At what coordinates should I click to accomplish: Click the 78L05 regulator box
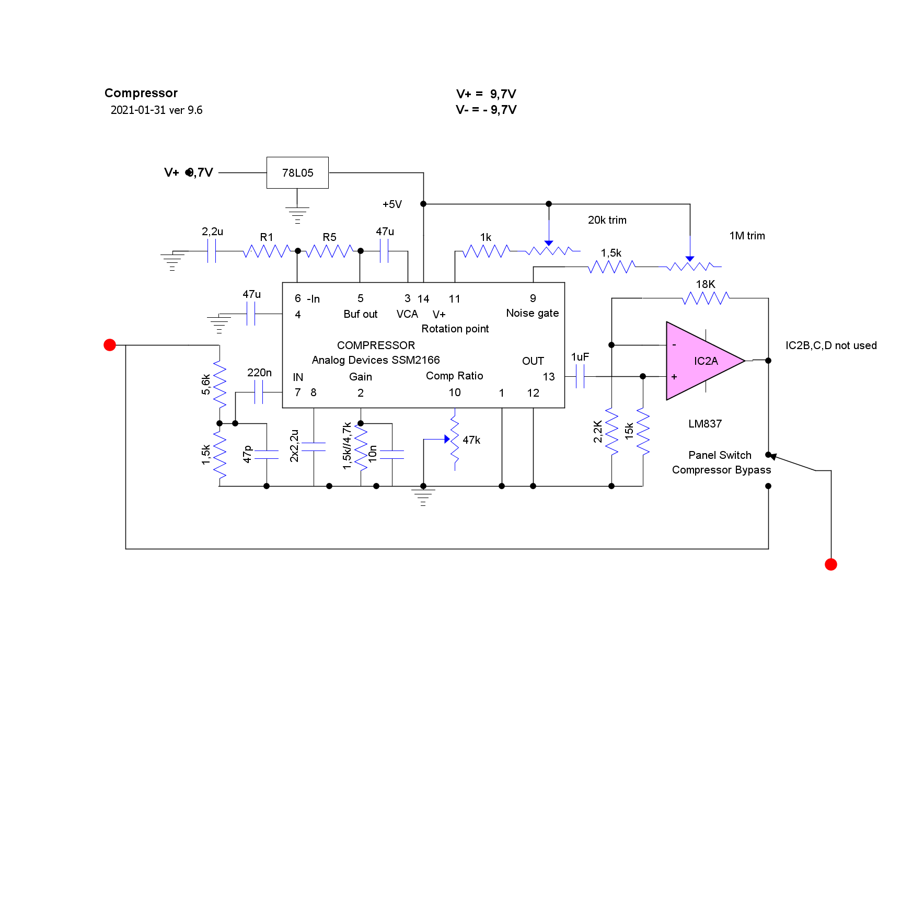(x=297, y=172)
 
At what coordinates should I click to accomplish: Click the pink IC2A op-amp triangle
(x=700, y=361)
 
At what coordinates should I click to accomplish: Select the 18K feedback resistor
(x=706, y=298)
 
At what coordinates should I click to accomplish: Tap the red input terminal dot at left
(x=110, y=345)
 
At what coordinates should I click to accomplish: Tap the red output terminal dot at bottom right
(x=831, y=564)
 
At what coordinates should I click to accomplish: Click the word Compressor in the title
(x=141, y=93)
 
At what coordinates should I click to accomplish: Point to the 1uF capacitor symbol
(x=580, y=376)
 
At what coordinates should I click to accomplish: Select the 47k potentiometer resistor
(x=455, y=439)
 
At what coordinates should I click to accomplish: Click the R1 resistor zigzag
(x=267, y=251)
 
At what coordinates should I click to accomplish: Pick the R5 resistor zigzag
(x=329, y=251)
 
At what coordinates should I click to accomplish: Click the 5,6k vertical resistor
(x=220, y=384)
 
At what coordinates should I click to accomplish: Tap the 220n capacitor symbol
(x=259, y=392)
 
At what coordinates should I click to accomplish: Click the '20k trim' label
(x=607, y=220)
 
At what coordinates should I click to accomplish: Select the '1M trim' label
(x=747, y=236)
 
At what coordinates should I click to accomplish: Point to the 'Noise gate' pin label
(x=532, y=313)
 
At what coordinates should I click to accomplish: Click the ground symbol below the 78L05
(x=297, y=214)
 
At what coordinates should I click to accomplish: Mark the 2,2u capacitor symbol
(x=212, y=251)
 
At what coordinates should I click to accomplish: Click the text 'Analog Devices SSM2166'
(x=376, y=360)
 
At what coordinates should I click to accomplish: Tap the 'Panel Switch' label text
(x=720, y=455)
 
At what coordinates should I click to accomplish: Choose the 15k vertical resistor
(x=643, y=431)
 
